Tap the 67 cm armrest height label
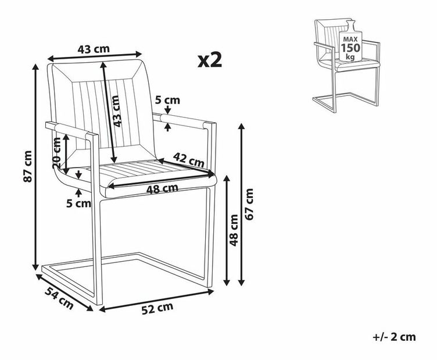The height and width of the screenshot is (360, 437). click(x=249, y=204)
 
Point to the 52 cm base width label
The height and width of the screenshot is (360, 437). click(x=157, y=308)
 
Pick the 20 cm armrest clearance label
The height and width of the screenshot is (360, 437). click(x=56, y=153)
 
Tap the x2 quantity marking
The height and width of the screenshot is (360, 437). click(x=210, y=60)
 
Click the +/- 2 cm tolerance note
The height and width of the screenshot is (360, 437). click(x=394, y=337)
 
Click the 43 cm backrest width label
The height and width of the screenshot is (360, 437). click(x=94, y=49)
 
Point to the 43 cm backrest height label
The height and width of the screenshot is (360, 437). click(x=117, y=111)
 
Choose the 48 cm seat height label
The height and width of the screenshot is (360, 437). click(x=234, y=230)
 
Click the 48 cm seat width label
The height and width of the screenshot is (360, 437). click(x=162, y=190)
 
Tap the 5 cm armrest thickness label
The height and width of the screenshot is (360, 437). click(x=167, y=100)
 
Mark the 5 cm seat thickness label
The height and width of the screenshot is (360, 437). click(x=78, y=204)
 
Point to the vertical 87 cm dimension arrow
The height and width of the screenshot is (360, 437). click(x=35, y=167)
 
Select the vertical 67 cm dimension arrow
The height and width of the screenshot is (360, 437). click(x=242, y=205)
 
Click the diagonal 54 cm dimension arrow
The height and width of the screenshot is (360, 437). click(x=65, y=293)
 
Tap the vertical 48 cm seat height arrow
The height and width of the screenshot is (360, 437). click(x=227, y=230)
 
